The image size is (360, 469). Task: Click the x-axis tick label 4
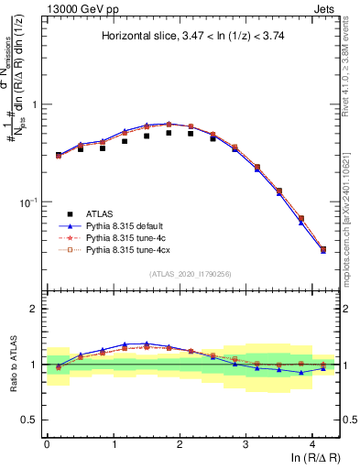click(x=312, y=442)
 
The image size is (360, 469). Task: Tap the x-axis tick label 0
click(x=47, y=442)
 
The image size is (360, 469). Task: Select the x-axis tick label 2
click(x=180, y=442)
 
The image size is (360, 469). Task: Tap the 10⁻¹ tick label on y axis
click(x=30, y=201)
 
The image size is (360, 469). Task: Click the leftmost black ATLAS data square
click(x=59, y=155)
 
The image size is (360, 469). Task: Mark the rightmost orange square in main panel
click(x=322, y=249)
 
